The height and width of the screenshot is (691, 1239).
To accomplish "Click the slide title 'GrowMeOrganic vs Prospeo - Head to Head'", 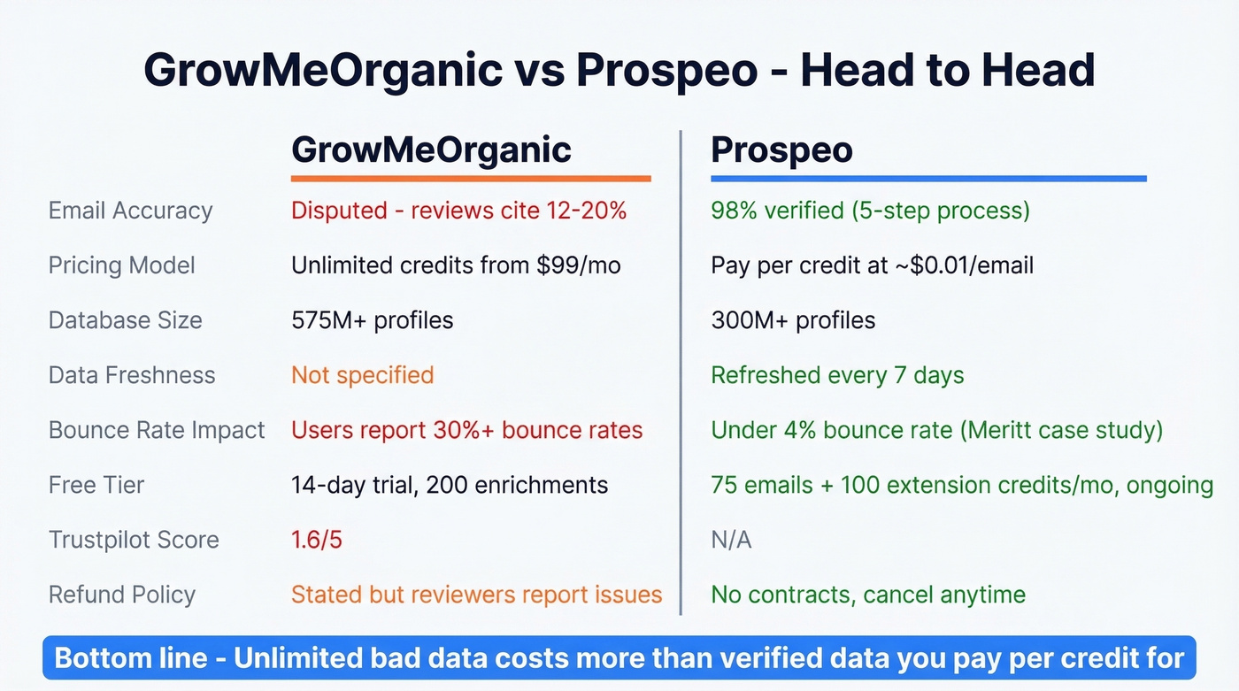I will tap(619, 71).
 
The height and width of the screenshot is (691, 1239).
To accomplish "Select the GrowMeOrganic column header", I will tap(431, 150).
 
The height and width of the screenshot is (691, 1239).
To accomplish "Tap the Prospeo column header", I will tap(781, 150).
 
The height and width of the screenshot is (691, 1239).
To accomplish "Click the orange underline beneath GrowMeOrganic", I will tap(471, 179).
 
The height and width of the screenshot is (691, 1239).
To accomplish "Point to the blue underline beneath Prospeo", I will tap(928, 179).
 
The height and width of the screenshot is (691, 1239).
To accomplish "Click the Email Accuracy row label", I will tap(130, 211).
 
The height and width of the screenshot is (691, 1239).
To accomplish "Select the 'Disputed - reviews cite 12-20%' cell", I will tap(458, 211).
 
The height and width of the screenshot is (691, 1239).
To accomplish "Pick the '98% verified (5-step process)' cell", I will tap(870, 211).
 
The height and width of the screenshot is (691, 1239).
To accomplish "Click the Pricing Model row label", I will tap(121, 265).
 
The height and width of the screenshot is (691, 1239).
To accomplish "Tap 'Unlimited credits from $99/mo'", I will tap(456, 265).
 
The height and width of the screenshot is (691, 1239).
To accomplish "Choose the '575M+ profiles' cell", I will tap(372, 320).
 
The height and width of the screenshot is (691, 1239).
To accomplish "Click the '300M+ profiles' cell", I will tap(793, 320).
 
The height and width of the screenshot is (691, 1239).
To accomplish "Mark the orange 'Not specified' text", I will tap(362, 375).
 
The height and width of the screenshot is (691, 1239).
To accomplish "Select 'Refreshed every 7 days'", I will tap(837, 375).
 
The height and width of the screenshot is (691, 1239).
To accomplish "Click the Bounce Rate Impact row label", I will tap(157, 430).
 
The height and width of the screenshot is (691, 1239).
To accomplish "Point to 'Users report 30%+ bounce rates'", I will tap(466, 430).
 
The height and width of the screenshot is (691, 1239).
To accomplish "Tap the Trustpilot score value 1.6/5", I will tap(316, 540).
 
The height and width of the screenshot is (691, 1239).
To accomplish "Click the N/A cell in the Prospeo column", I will tap(731, 540).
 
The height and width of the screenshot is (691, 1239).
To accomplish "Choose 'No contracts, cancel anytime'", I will tap(868, 595).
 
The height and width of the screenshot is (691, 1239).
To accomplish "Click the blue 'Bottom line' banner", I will tap(619, 658).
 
